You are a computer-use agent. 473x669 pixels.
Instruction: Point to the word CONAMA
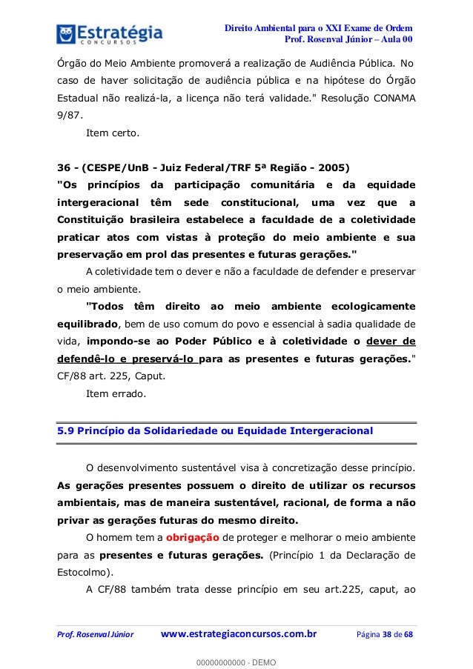(x=393, y=98)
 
